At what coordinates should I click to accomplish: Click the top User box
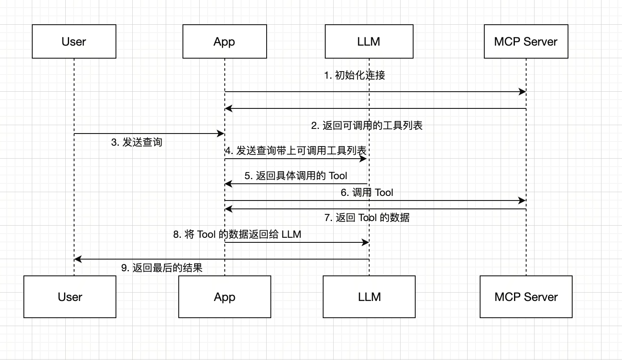pyautogui.click(x=74, y=41)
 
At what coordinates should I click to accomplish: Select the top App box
pyautogui.click(x=225, y=41)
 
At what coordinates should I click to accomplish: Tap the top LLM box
pyautogui.click(x=369, y=41)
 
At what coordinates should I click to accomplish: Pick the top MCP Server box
pyautogui.click(x=526, y=41)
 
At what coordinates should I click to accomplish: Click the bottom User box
pyautogui.click(x=70, y=297)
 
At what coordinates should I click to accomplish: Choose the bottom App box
pyautogui.click(x=225, y=297)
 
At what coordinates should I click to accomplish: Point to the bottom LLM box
pyautogui.click(x=369, y=297)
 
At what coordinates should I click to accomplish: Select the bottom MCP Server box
pyautogui.click(x=526, y=297)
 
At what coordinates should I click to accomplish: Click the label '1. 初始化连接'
pyautogui.click(x=355, y=75)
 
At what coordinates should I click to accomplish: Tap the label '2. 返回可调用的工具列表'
pyautogui.click(x=367, y=126)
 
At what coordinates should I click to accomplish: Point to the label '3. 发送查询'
pyautogui.click(x=137, y=142)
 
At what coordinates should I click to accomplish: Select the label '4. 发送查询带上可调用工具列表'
pyautogui.click(x=296, y=151)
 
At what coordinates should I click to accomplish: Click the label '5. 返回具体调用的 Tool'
pyautogui.click(x=296, y=176)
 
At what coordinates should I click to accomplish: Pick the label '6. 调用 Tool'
pyautogui.click(x=367, y=193)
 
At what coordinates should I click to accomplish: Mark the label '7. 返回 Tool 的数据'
pyautogui.click(x=367, y=218)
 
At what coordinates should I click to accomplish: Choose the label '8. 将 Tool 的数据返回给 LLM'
pyautogui.click(x=237, y=234)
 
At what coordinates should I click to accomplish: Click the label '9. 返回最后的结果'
pyautogui.click(x=162, y=268)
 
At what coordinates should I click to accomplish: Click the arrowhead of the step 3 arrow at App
pyautogui.click(x=221, y=134)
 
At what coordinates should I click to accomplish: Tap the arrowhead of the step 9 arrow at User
pyautogui.click(x=77, y=259)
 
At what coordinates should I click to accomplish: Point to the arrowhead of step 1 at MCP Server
pyautogui.click(x=523, y=92)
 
